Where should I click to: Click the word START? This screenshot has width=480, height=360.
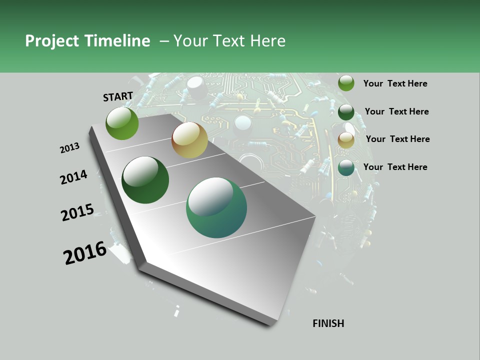(118, 96)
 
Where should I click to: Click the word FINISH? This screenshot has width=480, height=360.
(328, 323)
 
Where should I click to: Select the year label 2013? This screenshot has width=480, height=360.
(69, 148)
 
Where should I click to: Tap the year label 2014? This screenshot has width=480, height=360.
(73, 177)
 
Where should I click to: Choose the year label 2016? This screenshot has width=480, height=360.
(85, 253)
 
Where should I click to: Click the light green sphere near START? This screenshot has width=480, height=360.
(122, 123)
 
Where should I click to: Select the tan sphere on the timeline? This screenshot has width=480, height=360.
(189, 140)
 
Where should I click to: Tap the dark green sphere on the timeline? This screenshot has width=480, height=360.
(145, 180)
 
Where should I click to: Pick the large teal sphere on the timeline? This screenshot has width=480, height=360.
(216, 207)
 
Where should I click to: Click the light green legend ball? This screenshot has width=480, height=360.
(346, 83)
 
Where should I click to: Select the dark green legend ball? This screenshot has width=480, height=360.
(346, 112)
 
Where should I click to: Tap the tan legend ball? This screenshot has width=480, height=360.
(346, 140)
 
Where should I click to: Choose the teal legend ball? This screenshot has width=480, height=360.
(346, 168)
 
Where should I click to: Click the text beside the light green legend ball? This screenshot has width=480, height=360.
(395, 83)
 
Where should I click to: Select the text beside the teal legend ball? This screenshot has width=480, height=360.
(395, 167)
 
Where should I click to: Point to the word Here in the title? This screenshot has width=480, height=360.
(267, 41)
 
